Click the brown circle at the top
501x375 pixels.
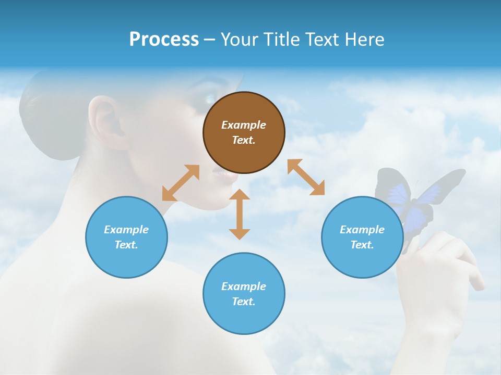click(x=244, y=132)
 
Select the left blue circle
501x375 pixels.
click(x=126, y=237)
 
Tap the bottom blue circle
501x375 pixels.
click(x=244, y=293)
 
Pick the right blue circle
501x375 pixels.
click(x=362, y=237)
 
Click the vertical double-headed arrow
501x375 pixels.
click(x=240, y=214)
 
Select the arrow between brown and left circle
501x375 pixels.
click(x=181, y=183)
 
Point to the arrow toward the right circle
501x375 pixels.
click(x=306, y=177)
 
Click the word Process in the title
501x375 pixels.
click(x=164, y=39)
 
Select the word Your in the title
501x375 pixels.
click(x=240, y=39)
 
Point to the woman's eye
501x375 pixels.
click(x=210, y=98)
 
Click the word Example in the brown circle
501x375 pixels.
click(x=244, y=125)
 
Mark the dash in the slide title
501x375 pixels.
click(x=209, y=40)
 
